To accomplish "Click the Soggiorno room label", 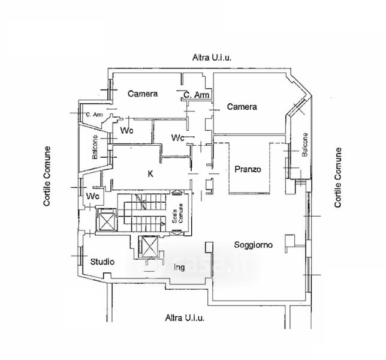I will point(254,245).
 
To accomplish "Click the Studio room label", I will point(102,262).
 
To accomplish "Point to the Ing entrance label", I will point(179,266).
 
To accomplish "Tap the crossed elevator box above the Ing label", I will point(147,246).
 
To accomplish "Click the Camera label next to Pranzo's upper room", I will point(242,107).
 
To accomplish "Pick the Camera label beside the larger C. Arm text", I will point(143,94).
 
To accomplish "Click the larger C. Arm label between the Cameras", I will point(196,95).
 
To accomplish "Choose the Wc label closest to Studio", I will point(93,196).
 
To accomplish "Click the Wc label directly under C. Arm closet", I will point(178,138).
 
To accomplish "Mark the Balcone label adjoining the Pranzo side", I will point(305,145).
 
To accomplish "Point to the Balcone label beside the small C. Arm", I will point(95,148).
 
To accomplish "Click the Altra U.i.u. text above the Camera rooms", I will point(212,58).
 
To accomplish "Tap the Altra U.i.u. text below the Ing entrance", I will point(185,317).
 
